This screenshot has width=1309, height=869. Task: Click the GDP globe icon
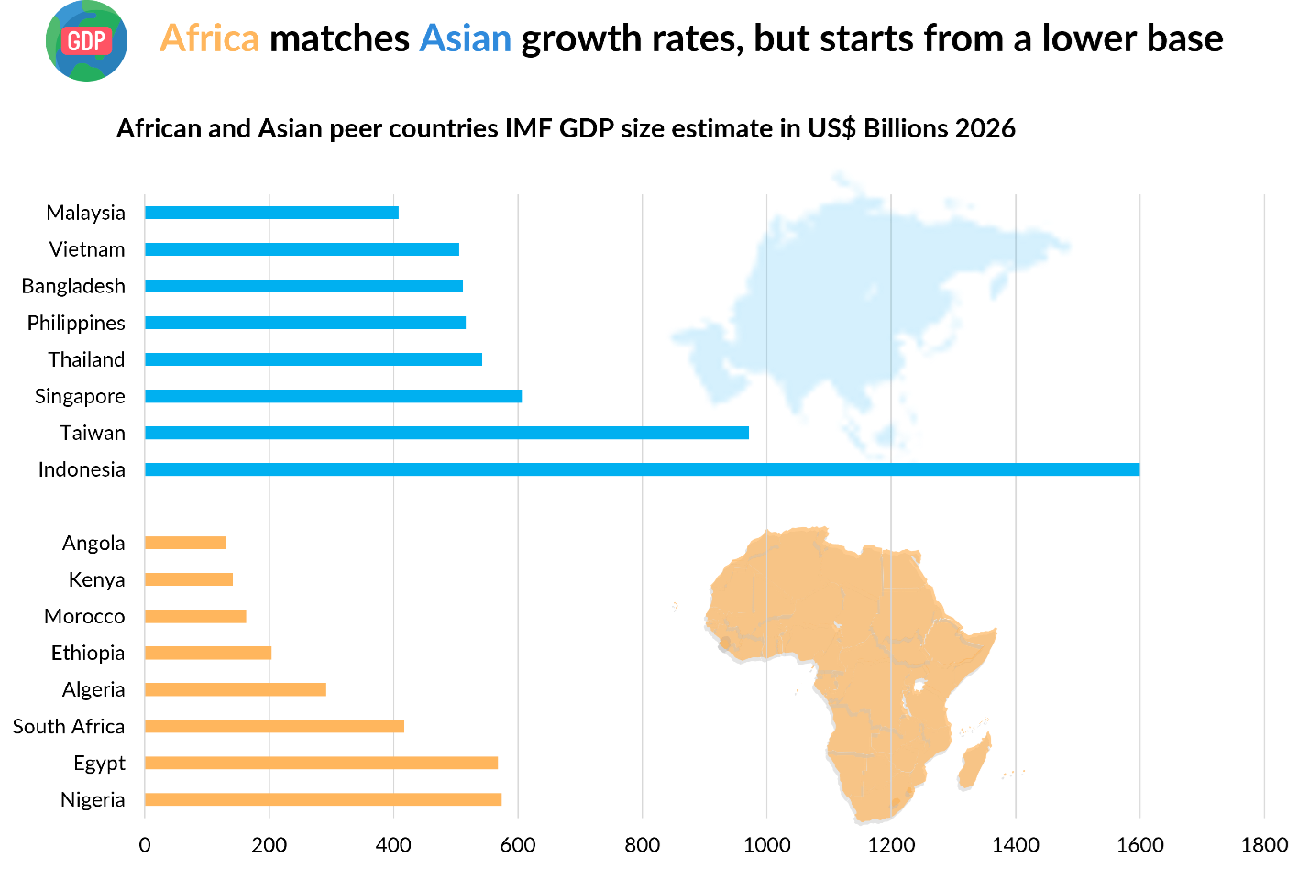[x=86, y=40]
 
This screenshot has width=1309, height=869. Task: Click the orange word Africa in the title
[x=209, y=38]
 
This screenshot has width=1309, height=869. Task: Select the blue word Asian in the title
[x=465, y=38]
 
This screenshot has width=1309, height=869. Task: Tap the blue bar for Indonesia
[x=642, y=469]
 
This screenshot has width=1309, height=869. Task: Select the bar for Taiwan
[x=446, y=433]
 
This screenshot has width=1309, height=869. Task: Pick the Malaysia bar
[x=271, y=213]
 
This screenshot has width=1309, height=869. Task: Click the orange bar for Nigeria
[x=323, y=799]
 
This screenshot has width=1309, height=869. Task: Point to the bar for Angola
[x=185, y=543]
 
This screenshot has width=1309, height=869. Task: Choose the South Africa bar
[x=274, y=726]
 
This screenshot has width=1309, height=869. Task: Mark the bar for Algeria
[x=236, y=689]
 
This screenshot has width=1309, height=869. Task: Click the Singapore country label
[x=80, y=396]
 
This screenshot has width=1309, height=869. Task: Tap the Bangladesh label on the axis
[x=73, y=286]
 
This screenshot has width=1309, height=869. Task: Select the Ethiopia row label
[x=88, y=653]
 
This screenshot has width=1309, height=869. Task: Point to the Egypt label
[x=99, y=764]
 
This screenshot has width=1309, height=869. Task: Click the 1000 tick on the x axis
[x=766, y=845]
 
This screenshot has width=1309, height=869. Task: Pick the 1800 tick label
[x=1264, y=845]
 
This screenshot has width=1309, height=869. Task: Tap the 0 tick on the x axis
[x=145, y=845]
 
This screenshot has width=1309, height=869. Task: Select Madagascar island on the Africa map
[x=974, y=762]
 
